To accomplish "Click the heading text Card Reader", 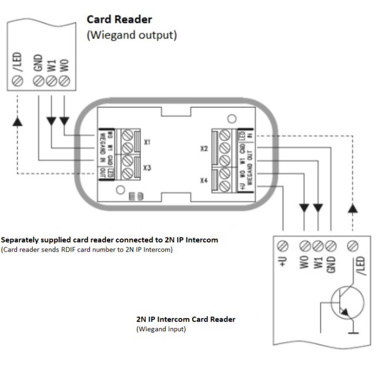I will pyautogui.click(x=119, y=19).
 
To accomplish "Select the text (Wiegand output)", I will pyautogui.click(x=132, y=35).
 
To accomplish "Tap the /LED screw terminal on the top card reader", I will pyautogui.click(x=18, y=81).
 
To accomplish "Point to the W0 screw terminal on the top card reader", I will pyautogui.click(x=64, y=81).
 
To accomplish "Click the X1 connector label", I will pyautogui.click(x=148, y=142).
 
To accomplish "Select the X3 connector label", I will pyautogui.click(x=148, y=168).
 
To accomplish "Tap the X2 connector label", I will pyautogui.click(x=204, y=149).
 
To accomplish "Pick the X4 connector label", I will pyautogui.click(x=204, y=180).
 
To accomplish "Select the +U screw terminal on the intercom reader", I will pyautogui.click(x=283, y=246).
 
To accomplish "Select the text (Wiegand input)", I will pyautogui.click(x=161, y=329).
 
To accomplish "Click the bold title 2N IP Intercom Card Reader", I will pyautogui.click(x=186, y=319).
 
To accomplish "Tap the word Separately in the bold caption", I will pyautogui.click(x=21, y=240).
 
